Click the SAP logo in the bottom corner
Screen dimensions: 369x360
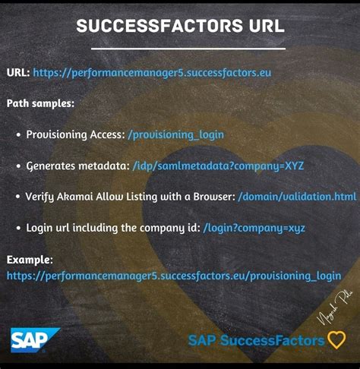pos(28,339)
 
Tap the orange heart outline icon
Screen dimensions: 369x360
pos(336,340)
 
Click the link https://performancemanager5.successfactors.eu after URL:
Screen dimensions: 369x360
pos(152,74)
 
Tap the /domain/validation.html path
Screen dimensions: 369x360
pos(296,196)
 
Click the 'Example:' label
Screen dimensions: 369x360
pos(30,260)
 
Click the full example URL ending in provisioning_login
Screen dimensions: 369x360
pos(173,276)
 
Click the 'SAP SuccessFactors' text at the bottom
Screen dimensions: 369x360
pos(256,340)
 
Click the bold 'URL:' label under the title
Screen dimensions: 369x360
pos(18,74)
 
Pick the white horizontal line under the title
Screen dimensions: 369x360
pos(179,48)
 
